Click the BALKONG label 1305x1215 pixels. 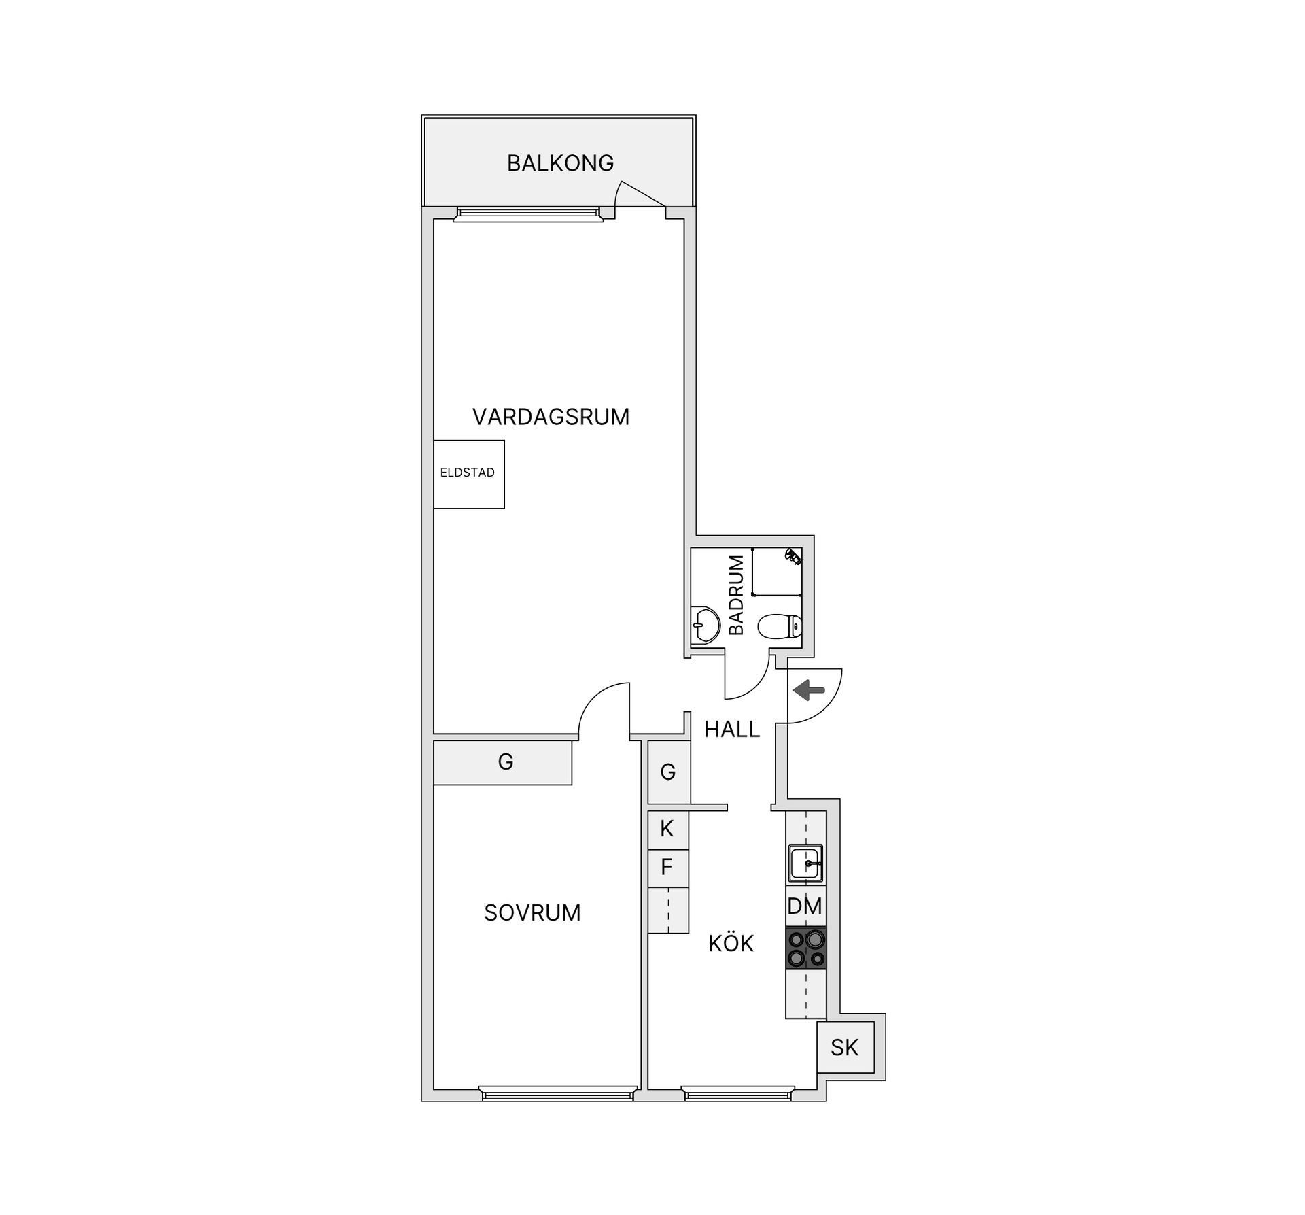(560, 163)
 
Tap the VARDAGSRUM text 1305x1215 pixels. (551, 416)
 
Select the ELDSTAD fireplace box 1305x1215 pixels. (468, 474)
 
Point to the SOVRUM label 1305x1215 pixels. (532, 912)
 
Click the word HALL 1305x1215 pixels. (731, 730)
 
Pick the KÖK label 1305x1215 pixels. (731, 944)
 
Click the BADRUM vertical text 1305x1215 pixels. (736, 595)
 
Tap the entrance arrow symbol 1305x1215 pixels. (809, 690)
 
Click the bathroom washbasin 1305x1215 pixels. (705, 624)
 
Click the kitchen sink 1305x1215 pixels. (806, 863)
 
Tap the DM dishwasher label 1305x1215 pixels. (805, 906)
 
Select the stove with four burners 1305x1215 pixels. (806, 948)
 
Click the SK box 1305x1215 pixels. (845, 1048)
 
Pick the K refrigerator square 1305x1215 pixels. (667, 829)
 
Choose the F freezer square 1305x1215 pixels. (667, 868)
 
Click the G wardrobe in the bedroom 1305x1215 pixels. (504, 762)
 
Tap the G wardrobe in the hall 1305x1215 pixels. (668, 772)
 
